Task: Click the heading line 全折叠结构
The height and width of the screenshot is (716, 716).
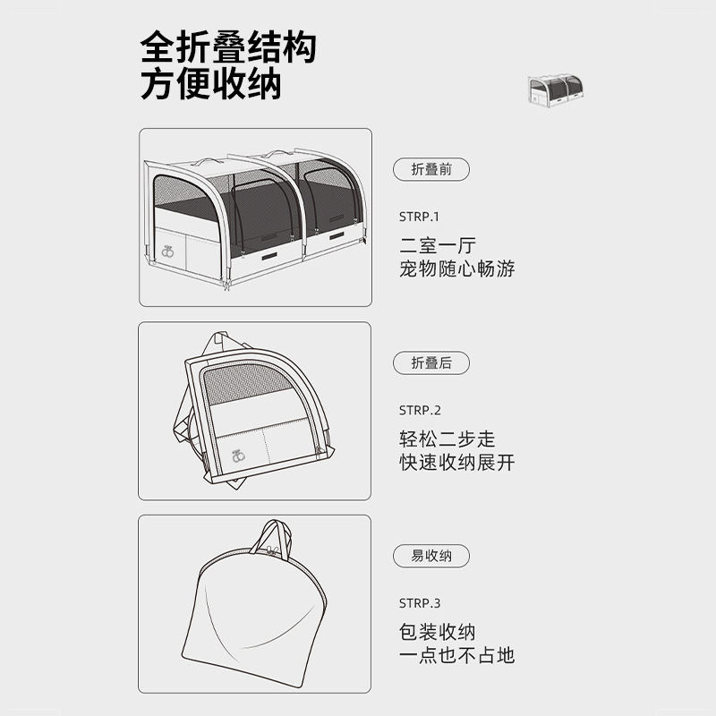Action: coord(228,47)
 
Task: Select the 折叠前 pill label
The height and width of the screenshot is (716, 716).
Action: coord(431,169)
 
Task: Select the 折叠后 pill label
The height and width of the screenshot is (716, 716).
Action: coord(431,362)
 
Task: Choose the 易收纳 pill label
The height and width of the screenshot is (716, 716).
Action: coord(431,556)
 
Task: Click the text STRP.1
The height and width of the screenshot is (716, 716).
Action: coord(420,217)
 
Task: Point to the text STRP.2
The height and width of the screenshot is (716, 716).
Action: coord(420,410)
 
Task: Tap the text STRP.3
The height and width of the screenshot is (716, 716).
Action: coord(420,603)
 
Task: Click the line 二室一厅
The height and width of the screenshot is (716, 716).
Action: coord(438,245)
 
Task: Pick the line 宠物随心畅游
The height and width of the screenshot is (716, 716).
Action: coord(457,268)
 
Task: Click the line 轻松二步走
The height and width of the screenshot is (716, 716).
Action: coord(447,439)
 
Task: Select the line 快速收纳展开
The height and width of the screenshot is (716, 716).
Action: coord(457,463)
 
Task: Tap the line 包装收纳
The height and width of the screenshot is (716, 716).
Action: coord(438,632)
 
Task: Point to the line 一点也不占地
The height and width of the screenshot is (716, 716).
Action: coord(457,655)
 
